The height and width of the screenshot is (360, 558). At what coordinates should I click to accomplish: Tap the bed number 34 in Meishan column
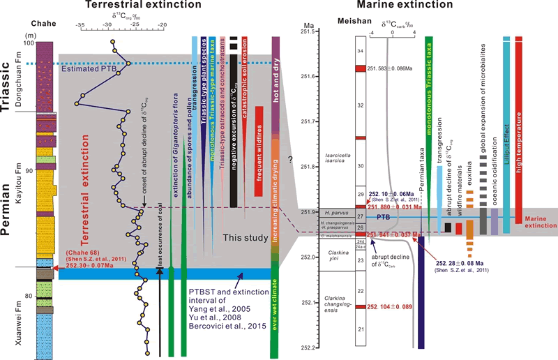pyautogui.click(x=361, y=51)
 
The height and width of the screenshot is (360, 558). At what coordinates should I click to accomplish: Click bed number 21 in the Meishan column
pyautogui.click(x=361, y=329)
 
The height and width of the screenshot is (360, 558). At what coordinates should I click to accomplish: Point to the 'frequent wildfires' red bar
pyautogui.click(x=259, y=144)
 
